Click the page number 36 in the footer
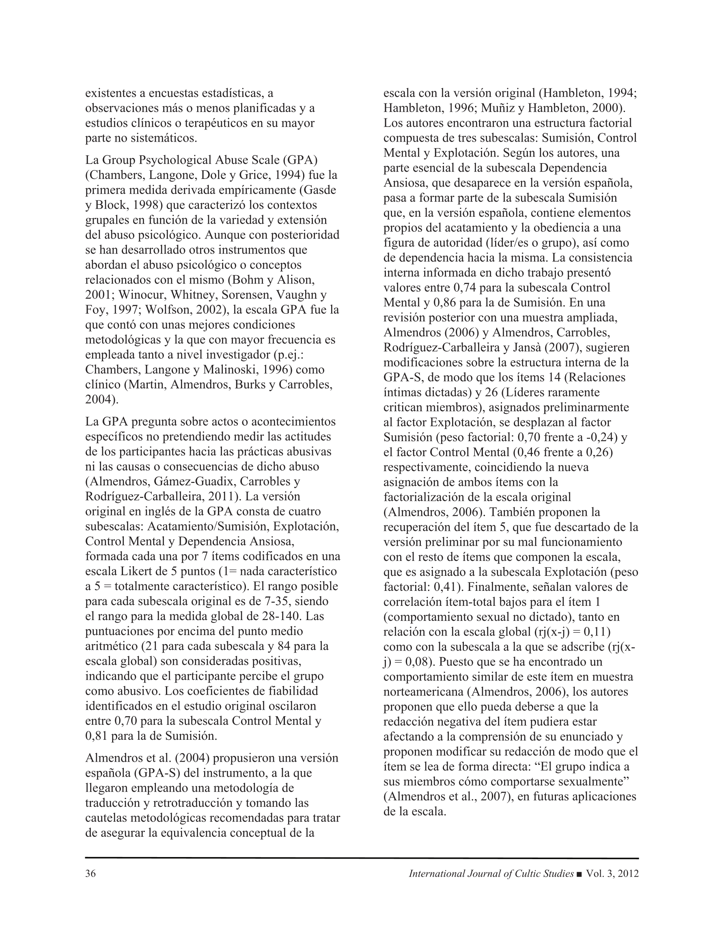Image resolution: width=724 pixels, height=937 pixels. (90, 874)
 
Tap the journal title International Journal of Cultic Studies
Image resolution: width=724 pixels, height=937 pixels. (491, 874)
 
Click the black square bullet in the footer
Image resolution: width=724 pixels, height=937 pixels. (580, 875)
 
